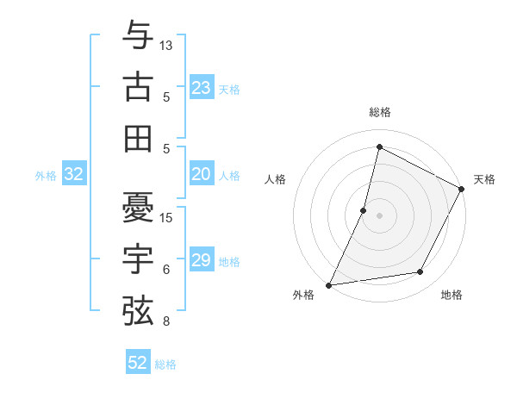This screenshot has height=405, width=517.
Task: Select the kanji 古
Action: pos(138,87)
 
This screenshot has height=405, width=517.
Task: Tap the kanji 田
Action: pos(138,138)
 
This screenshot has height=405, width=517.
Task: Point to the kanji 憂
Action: pos(138,207)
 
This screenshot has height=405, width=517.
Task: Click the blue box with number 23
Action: pos(202,87)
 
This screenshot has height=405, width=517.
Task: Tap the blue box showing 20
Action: pos(202,175)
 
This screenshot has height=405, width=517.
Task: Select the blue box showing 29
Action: pos(202,260)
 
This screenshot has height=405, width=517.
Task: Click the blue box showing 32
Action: pos(74,175)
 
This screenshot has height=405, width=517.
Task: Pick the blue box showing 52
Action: pos(138,363)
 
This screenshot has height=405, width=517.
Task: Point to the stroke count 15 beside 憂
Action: pos(166,217)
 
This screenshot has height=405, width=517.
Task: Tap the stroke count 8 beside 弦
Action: pos(166,322)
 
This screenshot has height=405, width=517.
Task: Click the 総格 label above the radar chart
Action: pos(379,113)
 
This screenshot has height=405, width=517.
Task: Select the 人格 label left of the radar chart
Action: pos(276,179)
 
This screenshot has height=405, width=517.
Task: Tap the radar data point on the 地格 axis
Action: pos(420,272)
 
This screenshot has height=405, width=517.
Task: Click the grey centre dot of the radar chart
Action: pos(379,215)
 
